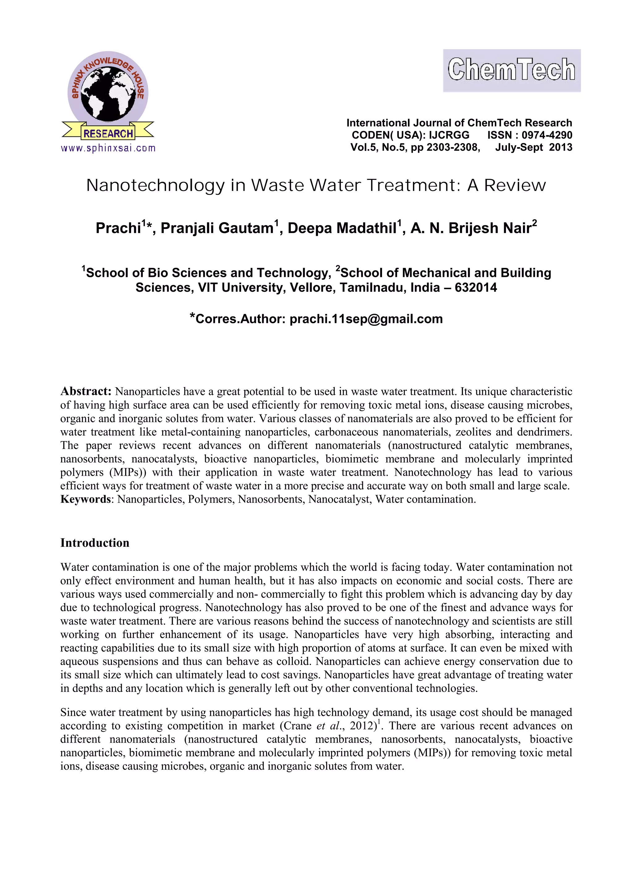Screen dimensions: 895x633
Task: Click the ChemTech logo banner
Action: (x=512, y=70)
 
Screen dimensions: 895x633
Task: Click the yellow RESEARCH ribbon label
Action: (x=108, y=134)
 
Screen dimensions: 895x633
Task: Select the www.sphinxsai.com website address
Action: (x=108, y=148)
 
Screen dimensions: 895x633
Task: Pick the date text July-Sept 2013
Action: (x=533, y=147)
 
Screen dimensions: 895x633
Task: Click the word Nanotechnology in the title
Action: (x=155, y=185)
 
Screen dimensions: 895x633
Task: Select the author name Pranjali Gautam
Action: (x=217, y=228)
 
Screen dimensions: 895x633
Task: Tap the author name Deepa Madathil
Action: (x=342, y=228)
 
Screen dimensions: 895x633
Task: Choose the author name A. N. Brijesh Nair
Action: (x=471, y=228)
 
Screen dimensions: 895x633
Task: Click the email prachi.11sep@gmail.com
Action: (x=366, y=319)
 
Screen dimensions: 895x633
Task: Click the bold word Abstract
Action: (x=86, y=391)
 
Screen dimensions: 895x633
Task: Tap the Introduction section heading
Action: (x=95, y=543)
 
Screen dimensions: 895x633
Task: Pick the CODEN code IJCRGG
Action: (x=449, y=135)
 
